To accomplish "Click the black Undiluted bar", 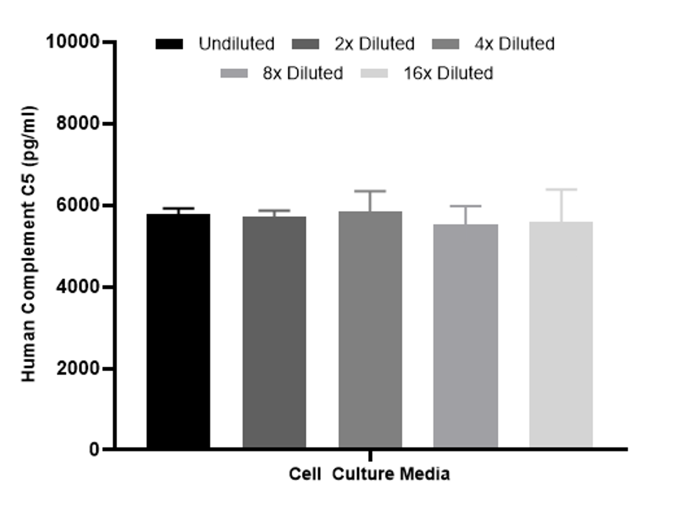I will pos(178,331).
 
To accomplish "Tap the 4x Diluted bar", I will pos(370,330).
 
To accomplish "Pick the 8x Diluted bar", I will pos(465,336).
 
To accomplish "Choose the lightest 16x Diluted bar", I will pos(561,335).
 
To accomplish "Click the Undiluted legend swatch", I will pos(170,44).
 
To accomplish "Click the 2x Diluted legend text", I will pos(374,44).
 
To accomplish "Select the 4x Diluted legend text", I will pos(514,44).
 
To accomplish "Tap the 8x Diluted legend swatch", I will pos(234,74).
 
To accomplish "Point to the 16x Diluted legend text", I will pos(448,74).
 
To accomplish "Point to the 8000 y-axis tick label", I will pos(79,124).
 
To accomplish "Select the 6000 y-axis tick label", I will pos(79,206).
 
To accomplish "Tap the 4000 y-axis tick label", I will pos(79,287).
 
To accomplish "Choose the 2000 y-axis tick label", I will pos(79,369).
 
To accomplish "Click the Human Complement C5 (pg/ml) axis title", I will pos(30,244).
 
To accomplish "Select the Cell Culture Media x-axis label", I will pos(369,475).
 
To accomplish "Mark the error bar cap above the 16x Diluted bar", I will pos(561,190).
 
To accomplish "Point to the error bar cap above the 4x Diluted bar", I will pos(370,191).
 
